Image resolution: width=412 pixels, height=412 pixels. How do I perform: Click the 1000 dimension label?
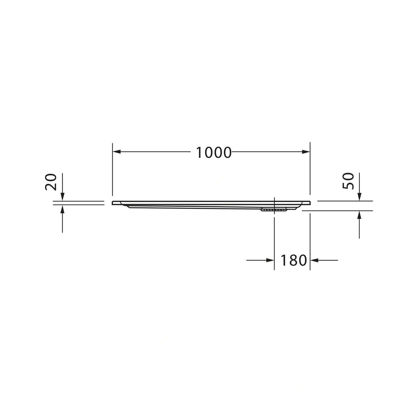point(214,152)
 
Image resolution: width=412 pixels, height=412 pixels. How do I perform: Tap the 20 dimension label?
point(51,182)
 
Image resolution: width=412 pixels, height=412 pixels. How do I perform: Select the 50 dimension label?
point(348,181)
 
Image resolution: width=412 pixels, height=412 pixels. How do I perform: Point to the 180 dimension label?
point(293,260)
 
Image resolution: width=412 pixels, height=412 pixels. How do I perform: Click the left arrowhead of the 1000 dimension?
point(117,152)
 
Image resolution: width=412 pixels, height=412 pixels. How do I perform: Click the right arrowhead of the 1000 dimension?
point(306,152)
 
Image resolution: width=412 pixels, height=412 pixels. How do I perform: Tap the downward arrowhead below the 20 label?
point(62,197)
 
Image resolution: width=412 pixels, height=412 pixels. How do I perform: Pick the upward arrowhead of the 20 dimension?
point(62,209)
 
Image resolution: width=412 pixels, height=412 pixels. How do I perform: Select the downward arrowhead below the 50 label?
point(359,197)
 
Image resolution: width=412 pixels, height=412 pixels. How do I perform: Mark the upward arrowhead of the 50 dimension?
point(359,215)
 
